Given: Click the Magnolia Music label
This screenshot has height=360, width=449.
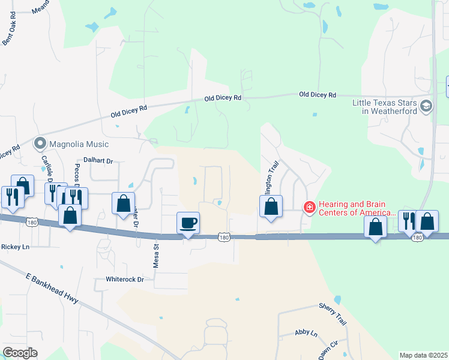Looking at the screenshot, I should click(79, 144).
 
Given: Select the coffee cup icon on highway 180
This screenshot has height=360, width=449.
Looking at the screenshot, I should click(188, 223).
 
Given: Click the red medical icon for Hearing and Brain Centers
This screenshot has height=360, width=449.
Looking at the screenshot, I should click(310, 207).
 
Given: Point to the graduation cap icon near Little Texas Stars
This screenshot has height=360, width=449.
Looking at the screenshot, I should click(426, 106).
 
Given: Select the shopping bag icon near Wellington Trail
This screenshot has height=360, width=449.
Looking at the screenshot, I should click(271, 206).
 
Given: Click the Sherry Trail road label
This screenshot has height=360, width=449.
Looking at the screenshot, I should click(333, 314).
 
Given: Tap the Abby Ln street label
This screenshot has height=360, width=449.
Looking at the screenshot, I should click(306, 332).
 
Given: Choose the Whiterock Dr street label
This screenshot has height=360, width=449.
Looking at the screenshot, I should click(125, 279).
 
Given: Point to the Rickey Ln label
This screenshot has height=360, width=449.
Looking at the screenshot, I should click(16, 247).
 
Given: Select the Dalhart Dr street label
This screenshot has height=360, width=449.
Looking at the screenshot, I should click(98, 160).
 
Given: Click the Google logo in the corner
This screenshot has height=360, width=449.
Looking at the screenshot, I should click(20, 352).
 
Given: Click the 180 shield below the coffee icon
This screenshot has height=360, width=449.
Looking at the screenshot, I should click(223, 238).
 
